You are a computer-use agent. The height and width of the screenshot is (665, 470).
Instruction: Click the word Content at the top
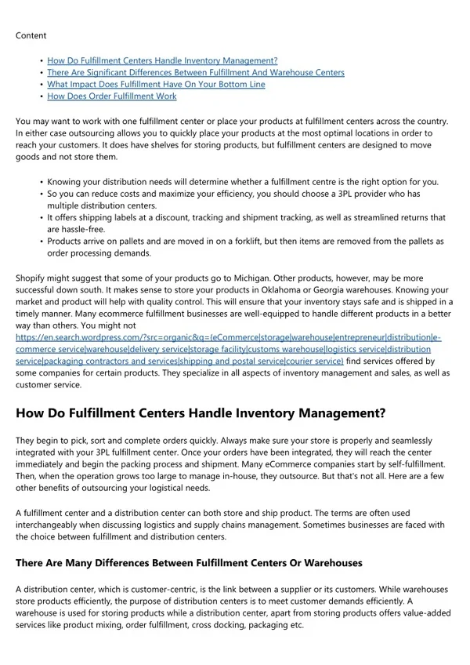[31, 35]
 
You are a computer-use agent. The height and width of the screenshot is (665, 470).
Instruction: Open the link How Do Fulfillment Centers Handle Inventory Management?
[162, 60]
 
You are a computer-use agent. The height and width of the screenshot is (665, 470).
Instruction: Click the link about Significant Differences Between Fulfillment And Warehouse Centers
[195, 73]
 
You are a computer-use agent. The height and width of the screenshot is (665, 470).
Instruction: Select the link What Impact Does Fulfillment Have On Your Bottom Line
[156, 85]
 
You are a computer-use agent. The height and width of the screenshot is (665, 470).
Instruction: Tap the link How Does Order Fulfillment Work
[111, 96]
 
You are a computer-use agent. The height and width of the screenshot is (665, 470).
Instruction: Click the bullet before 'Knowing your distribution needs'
[40, 182]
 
